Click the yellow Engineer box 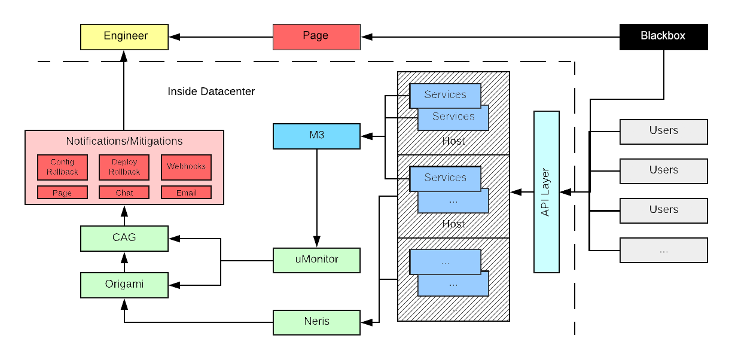(124, 36)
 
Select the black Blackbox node (663, 36)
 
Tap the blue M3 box (316, 136)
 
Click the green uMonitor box (316, 260)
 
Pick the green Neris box (316, 322)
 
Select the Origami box (124, 285)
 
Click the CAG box (124, 238)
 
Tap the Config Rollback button (62, 167)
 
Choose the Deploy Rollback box (124, 167)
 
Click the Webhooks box (186, 167)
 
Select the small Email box (186, 193)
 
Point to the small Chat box (124, 193)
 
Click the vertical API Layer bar (546, 191)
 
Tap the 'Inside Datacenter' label (211, 91)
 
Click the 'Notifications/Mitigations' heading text (124, 142)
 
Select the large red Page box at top (316, 36)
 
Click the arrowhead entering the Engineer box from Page (173, 37)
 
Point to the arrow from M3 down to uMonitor (316, 197)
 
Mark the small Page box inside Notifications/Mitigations (62, 193)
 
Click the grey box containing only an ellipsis (663, 251)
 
